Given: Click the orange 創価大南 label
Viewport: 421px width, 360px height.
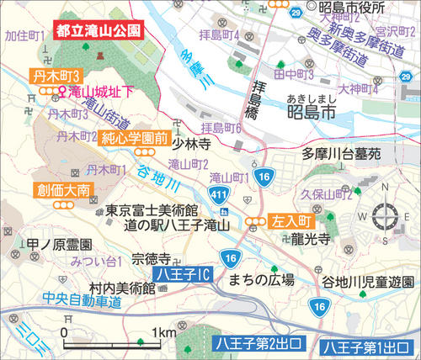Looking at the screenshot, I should [57, 190].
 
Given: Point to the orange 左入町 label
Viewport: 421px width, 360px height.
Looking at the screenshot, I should [290, 222].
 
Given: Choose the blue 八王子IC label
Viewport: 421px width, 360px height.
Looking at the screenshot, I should [182, 274].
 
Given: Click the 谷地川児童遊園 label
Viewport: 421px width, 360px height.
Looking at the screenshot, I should [369, 281].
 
